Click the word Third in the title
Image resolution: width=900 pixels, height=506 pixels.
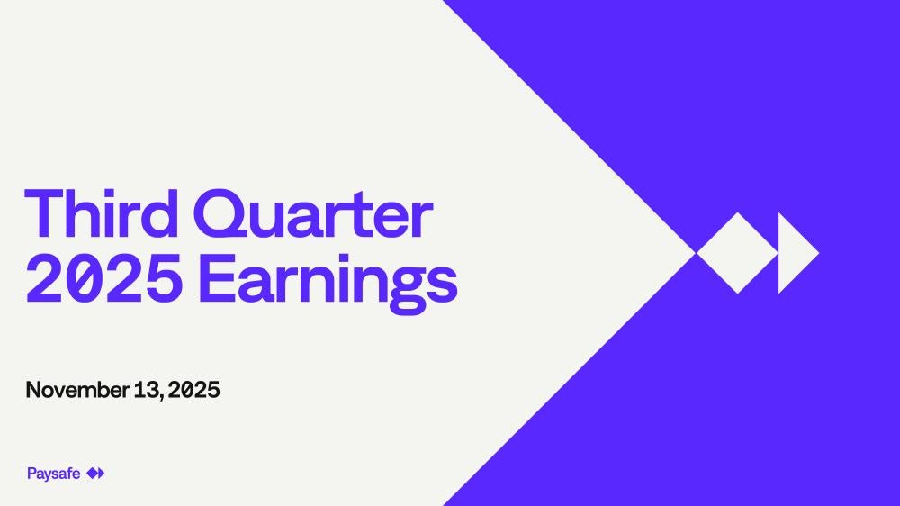click(x=102, y=213)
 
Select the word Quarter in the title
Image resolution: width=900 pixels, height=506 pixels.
click(x=313, y=214)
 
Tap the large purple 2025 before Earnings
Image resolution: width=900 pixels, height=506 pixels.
click(x=104, y=278)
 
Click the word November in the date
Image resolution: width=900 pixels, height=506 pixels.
click(x=77, y=390)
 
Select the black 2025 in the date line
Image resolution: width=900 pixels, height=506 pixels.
click(x=194, y=390)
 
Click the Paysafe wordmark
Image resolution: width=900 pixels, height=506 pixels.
click(x=53, y=474)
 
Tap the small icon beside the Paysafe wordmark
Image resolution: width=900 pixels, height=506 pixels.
click(x=95, y=474)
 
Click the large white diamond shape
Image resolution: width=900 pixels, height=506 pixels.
click(x=737, y=253)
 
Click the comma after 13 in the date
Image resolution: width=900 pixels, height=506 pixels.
click(x=163, y=397)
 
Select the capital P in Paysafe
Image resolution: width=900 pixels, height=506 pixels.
click(x=31, y=474)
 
